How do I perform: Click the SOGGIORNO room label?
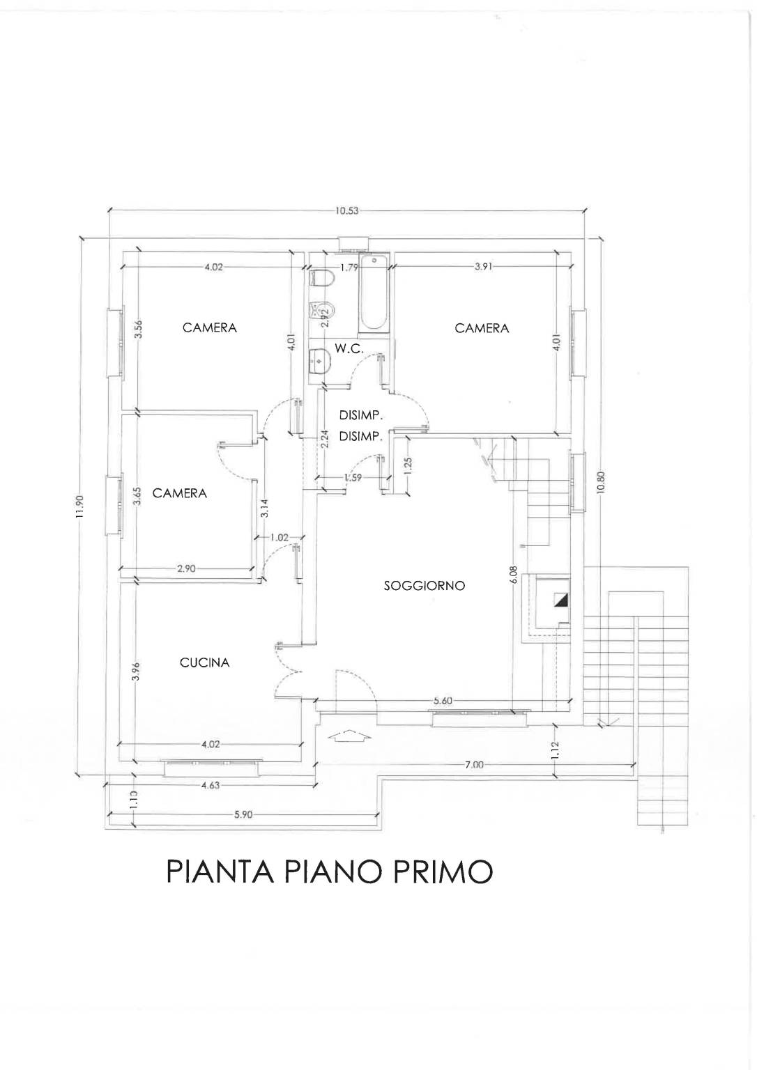(x=425, y=586)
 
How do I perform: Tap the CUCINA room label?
(x=204, y=662)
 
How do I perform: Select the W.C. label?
(x=349, y=349)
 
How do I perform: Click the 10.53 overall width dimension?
(x=346, y=211)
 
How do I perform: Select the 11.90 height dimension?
(x=80, y=507)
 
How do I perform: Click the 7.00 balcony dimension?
(x=474, y=765)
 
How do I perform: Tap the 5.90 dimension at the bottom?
(x=243, y=815)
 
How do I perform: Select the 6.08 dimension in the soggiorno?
(x=514, y=575)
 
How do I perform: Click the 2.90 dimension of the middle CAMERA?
(x=186, y=568)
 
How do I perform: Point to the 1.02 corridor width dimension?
(x=279, y=537)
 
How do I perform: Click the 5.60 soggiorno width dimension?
(x=442, y=701)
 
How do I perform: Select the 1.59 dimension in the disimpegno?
(x=353, y=476)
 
